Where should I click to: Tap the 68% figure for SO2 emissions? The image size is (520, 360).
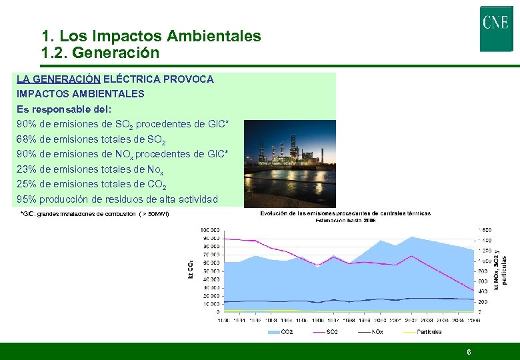pyautogui.click(x=27, y=139)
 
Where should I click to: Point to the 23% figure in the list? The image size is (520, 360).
pyautogui.click(x=27, y=169)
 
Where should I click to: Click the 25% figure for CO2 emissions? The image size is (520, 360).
pyautogui.click(x=27, y=183)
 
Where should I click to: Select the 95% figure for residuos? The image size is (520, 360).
pyautogui.click(x=27, y=199)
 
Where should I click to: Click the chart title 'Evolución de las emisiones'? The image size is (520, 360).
pyautogui.click(x=345, y=213)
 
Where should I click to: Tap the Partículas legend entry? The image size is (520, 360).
pyautogui.click(x=420, y=331)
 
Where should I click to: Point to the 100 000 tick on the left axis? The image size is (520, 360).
pyautogui.click(x=210, y=229)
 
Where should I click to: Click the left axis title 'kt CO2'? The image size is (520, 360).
pyautogui.click(x=188, y=268)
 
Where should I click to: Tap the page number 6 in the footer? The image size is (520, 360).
pyautogui.click(x=469, y=351)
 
